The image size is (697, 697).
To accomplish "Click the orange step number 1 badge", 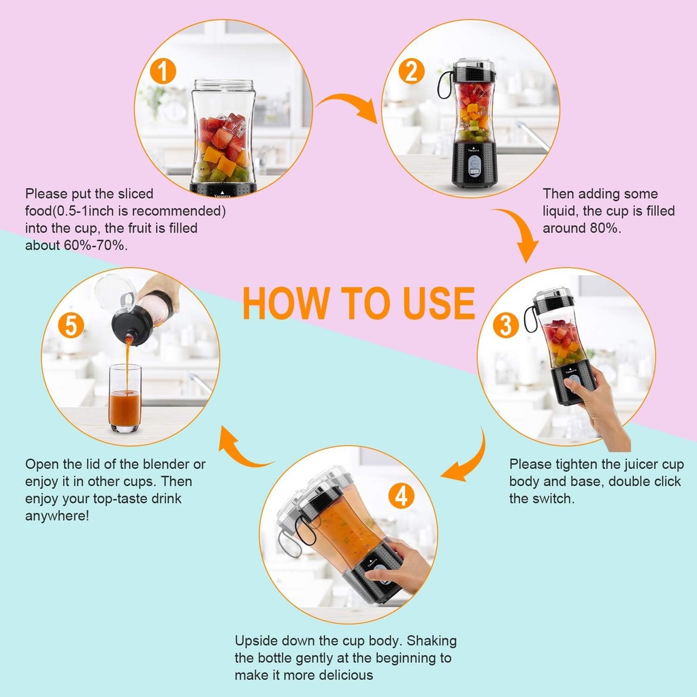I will tap(163, 71).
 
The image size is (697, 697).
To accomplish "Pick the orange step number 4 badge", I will tap(401, 496).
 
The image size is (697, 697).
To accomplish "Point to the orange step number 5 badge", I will tap(71, 325).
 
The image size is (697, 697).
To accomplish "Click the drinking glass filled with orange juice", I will tap(125, 398).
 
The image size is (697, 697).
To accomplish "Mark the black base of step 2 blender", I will tap(474, 163).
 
